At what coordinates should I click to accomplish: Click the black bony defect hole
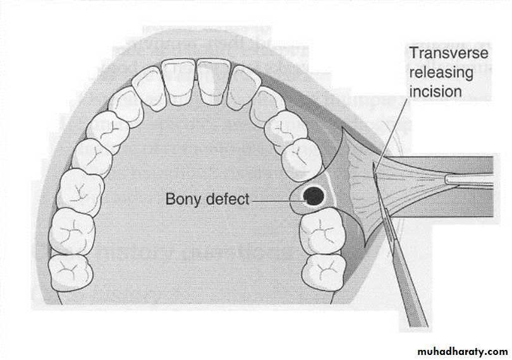pos(314,196)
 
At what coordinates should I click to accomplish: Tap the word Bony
pos(183,199)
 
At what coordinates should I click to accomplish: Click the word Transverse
pos(449,53)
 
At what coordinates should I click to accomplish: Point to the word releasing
pos(441,73)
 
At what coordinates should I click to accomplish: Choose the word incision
pos(436,92)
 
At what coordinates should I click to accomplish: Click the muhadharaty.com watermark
pos(463,352)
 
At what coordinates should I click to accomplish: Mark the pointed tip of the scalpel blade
pos(373,164)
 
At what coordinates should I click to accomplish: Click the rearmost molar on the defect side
pos(323,272)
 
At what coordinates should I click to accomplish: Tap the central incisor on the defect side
pos(214,81)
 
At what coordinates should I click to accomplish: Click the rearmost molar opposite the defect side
pos(70,273)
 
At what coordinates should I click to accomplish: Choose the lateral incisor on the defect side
pos(243,87)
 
